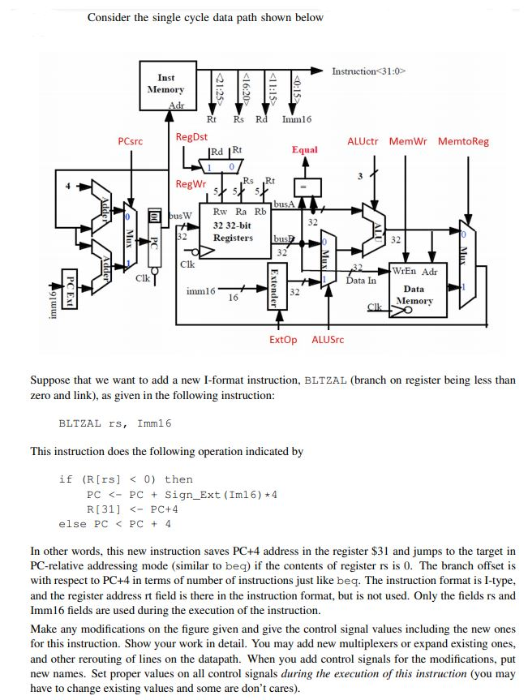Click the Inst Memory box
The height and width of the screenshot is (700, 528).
click(x=165, y=85)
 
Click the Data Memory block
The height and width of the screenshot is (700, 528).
click(x=414, y=290)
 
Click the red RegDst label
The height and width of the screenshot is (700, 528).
click(x=191, y=137)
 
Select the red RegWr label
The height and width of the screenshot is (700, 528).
click(x=191, y=185)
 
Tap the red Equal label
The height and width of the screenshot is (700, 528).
click(x=304, y=150)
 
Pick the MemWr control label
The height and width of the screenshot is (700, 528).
click(x=410, y=141)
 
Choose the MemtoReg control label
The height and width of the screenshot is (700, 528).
click(x=463, y=141)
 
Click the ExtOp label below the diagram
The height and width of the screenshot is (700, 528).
click(x=283, y=340)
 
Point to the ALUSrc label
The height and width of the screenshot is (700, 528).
click(x=328, y=340)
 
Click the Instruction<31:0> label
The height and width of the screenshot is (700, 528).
click(x=368, y=72)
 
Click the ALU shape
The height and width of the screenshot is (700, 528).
click(x=374, y=226)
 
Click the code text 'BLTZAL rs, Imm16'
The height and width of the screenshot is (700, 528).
click(x=115, y=423)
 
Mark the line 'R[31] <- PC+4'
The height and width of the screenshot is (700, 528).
click(x=132, y=509)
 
